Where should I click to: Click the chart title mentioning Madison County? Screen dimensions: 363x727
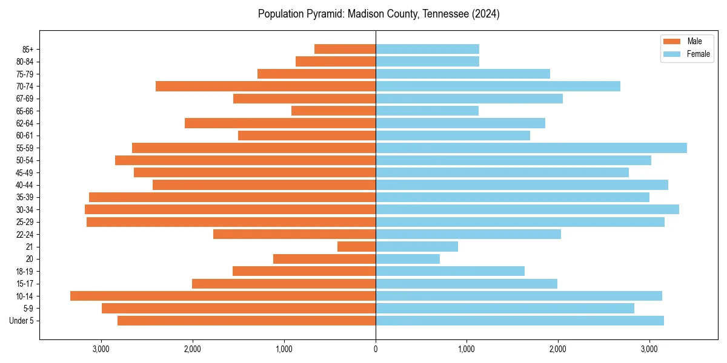(379, 14)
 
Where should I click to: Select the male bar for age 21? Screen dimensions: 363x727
(356, 246)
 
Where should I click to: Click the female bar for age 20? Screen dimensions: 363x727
(408, 259)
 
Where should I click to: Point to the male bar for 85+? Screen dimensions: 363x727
(345, 49)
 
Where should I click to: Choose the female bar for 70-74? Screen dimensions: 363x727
(498, 86)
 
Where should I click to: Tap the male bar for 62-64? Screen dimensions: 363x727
(280, 123)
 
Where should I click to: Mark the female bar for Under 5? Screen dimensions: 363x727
(520, 321)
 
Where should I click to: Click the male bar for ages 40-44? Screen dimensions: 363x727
(264, 185)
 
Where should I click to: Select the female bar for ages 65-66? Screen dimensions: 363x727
(427, 111)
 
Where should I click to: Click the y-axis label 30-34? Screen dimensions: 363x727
(25, 209)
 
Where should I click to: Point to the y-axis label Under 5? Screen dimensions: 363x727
(22, 321)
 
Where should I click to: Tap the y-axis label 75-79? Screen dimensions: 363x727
(25, 74)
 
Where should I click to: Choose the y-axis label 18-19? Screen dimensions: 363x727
(25, 271)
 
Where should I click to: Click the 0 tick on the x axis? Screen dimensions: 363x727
(376, 348)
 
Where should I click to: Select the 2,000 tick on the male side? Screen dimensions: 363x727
(193, 348)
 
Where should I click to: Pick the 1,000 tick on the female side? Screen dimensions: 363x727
(466, 348)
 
